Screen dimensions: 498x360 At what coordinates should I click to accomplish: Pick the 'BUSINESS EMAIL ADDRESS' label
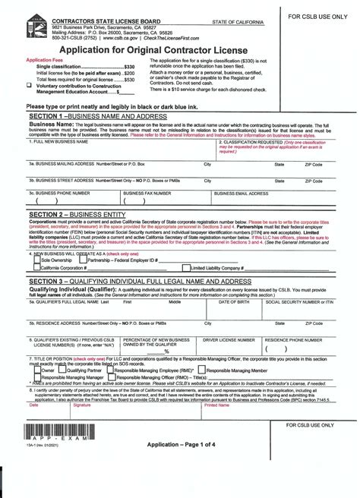(x=245, y=194)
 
